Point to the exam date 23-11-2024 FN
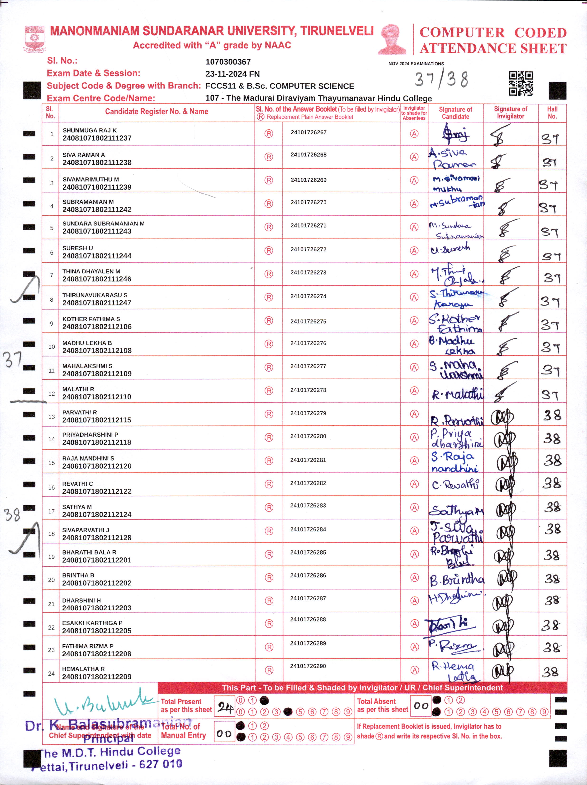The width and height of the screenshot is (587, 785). (232, 74)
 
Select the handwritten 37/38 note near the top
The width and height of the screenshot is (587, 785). (441, 79)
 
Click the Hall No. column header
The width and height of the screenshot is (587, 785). (552, 113)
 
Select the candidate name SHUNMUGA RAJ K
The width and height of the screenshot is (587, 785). (90, 130)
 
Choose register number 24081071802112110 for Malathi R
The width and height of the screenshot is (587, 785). (97, 397)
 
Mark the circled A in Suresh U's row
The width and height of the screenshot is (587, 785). (414, 251)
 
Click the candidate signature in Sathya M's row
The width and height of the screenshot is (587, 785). (456, 511)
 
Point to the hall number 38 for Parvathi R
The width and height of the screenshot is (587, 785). (552, 415)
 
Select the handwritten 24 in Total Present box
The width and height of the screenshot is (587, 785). (225, 707)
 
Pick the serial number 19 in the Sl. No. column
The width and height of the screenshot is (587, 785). (52, 557)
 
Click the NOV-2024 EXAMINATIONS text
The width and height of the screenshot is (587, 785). (416, 64)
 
